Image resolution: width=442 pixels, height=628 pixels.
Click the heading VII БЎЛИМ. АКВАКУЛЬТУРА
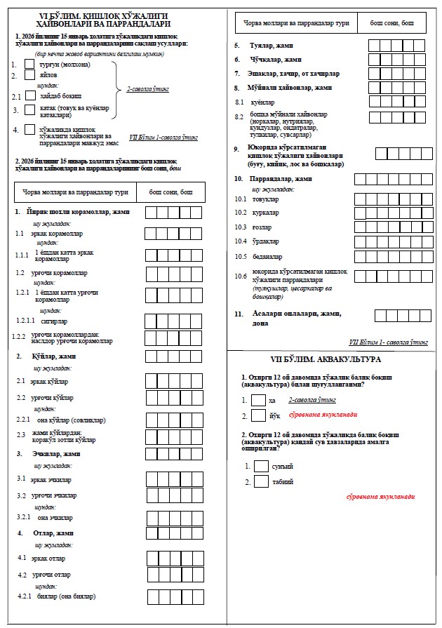(x=330, y=359)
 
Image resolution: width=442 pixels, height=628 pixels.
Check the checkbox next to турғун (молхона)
(x=29, y=65)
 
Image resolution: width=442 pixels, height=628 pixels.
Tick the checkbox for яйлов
(x=29, y=76)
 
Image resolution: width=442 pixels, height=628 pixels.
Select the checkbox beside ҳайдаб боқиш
(x=29, y=94)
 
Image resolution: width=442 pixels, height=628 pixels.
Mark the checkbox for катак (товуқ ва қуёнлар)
(x=29, y=110)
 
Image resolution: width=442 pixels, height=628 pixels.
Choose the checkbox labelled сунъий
(x=261, y=466)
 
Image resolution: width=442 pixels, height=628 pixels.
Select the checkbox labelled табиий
(x=261, y=482)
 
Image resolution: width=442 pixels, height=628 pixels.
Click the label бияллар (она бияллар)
(x=66, y=596)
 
